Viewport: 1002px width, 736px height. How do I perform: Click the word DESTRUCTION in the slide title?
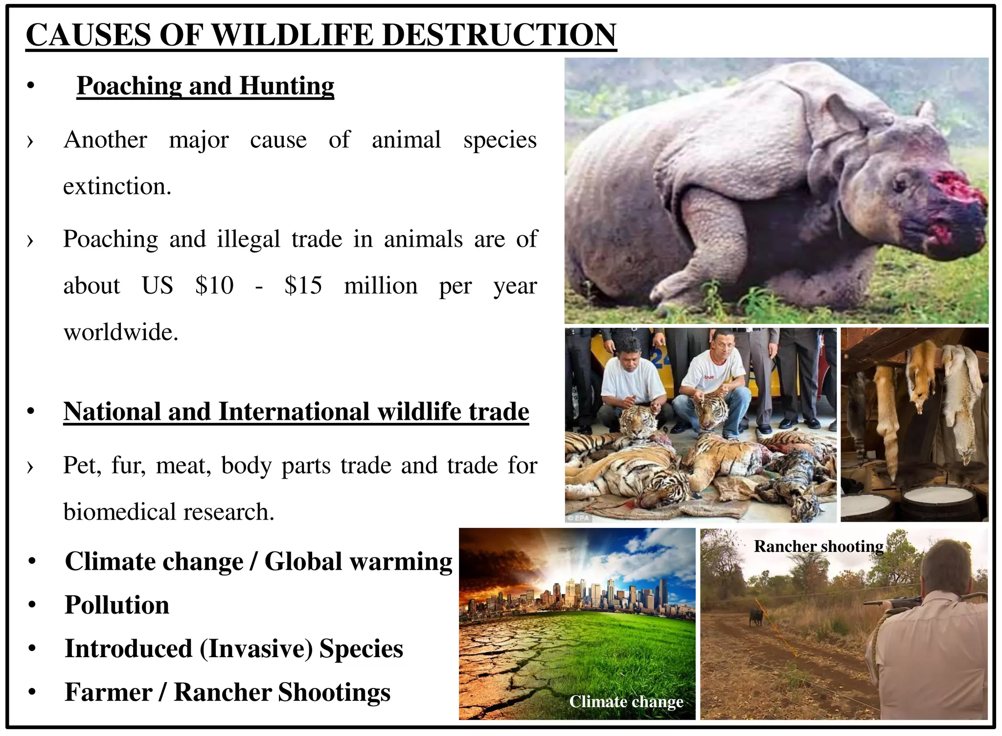point(499,35)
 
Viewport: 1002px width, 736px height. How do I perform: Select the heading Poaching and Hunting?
point(205,86)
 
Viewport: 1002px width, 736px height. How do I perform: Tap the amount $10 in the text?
point(214,285)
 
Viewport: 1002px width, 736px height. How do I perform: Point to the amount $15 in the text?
point(303,285)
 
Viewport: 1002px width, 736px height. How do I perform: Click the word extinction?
point(117,187)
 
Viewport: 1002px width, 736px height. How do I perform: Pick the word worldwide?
point(121,333)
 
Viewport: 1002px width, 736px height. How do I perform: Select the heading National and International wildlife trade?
point(296,412)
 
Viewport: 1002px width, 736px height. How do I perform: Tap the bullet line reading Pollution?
point(117,605)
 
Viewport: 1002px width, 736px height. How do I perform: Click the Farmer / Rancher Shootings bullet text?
point(228,692)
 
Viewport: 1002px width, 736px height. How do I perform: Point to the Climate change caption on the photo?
point(626,702)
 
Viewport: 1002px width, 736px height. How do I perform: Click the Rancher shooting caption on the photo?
point(819,546)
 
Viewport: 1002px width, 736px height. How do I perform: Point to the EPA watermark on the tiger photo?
point(579,518)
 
